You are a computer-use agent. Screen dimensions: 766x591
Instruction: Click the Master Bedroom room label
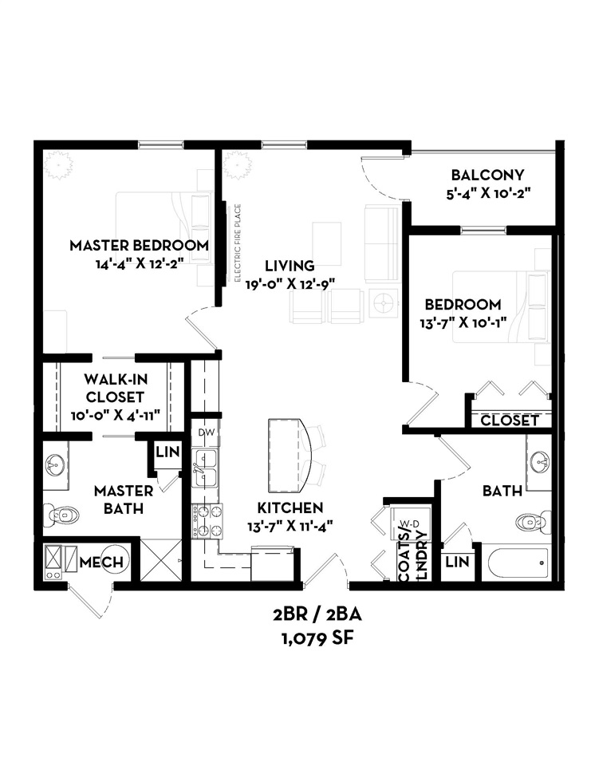[x=139, y=245]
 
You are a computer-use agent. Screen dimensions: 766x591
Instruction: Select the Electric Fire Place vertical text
[x=238, y=243]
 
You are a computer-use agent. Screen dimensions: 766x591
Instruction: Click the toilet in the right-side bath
[x=534, y=522]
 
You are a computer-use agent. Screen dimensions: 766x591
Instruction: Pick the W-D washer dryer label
[x=409, y=523]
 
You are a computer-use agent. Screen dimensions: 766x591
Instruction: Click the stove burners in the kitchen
[x=205, y=519]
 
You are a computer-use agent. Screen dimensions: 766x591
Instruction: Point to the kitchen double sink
[x=206, y=468]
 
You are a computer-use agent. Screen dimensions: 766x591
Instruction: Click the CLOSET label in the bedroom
[x=510, y=421]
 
